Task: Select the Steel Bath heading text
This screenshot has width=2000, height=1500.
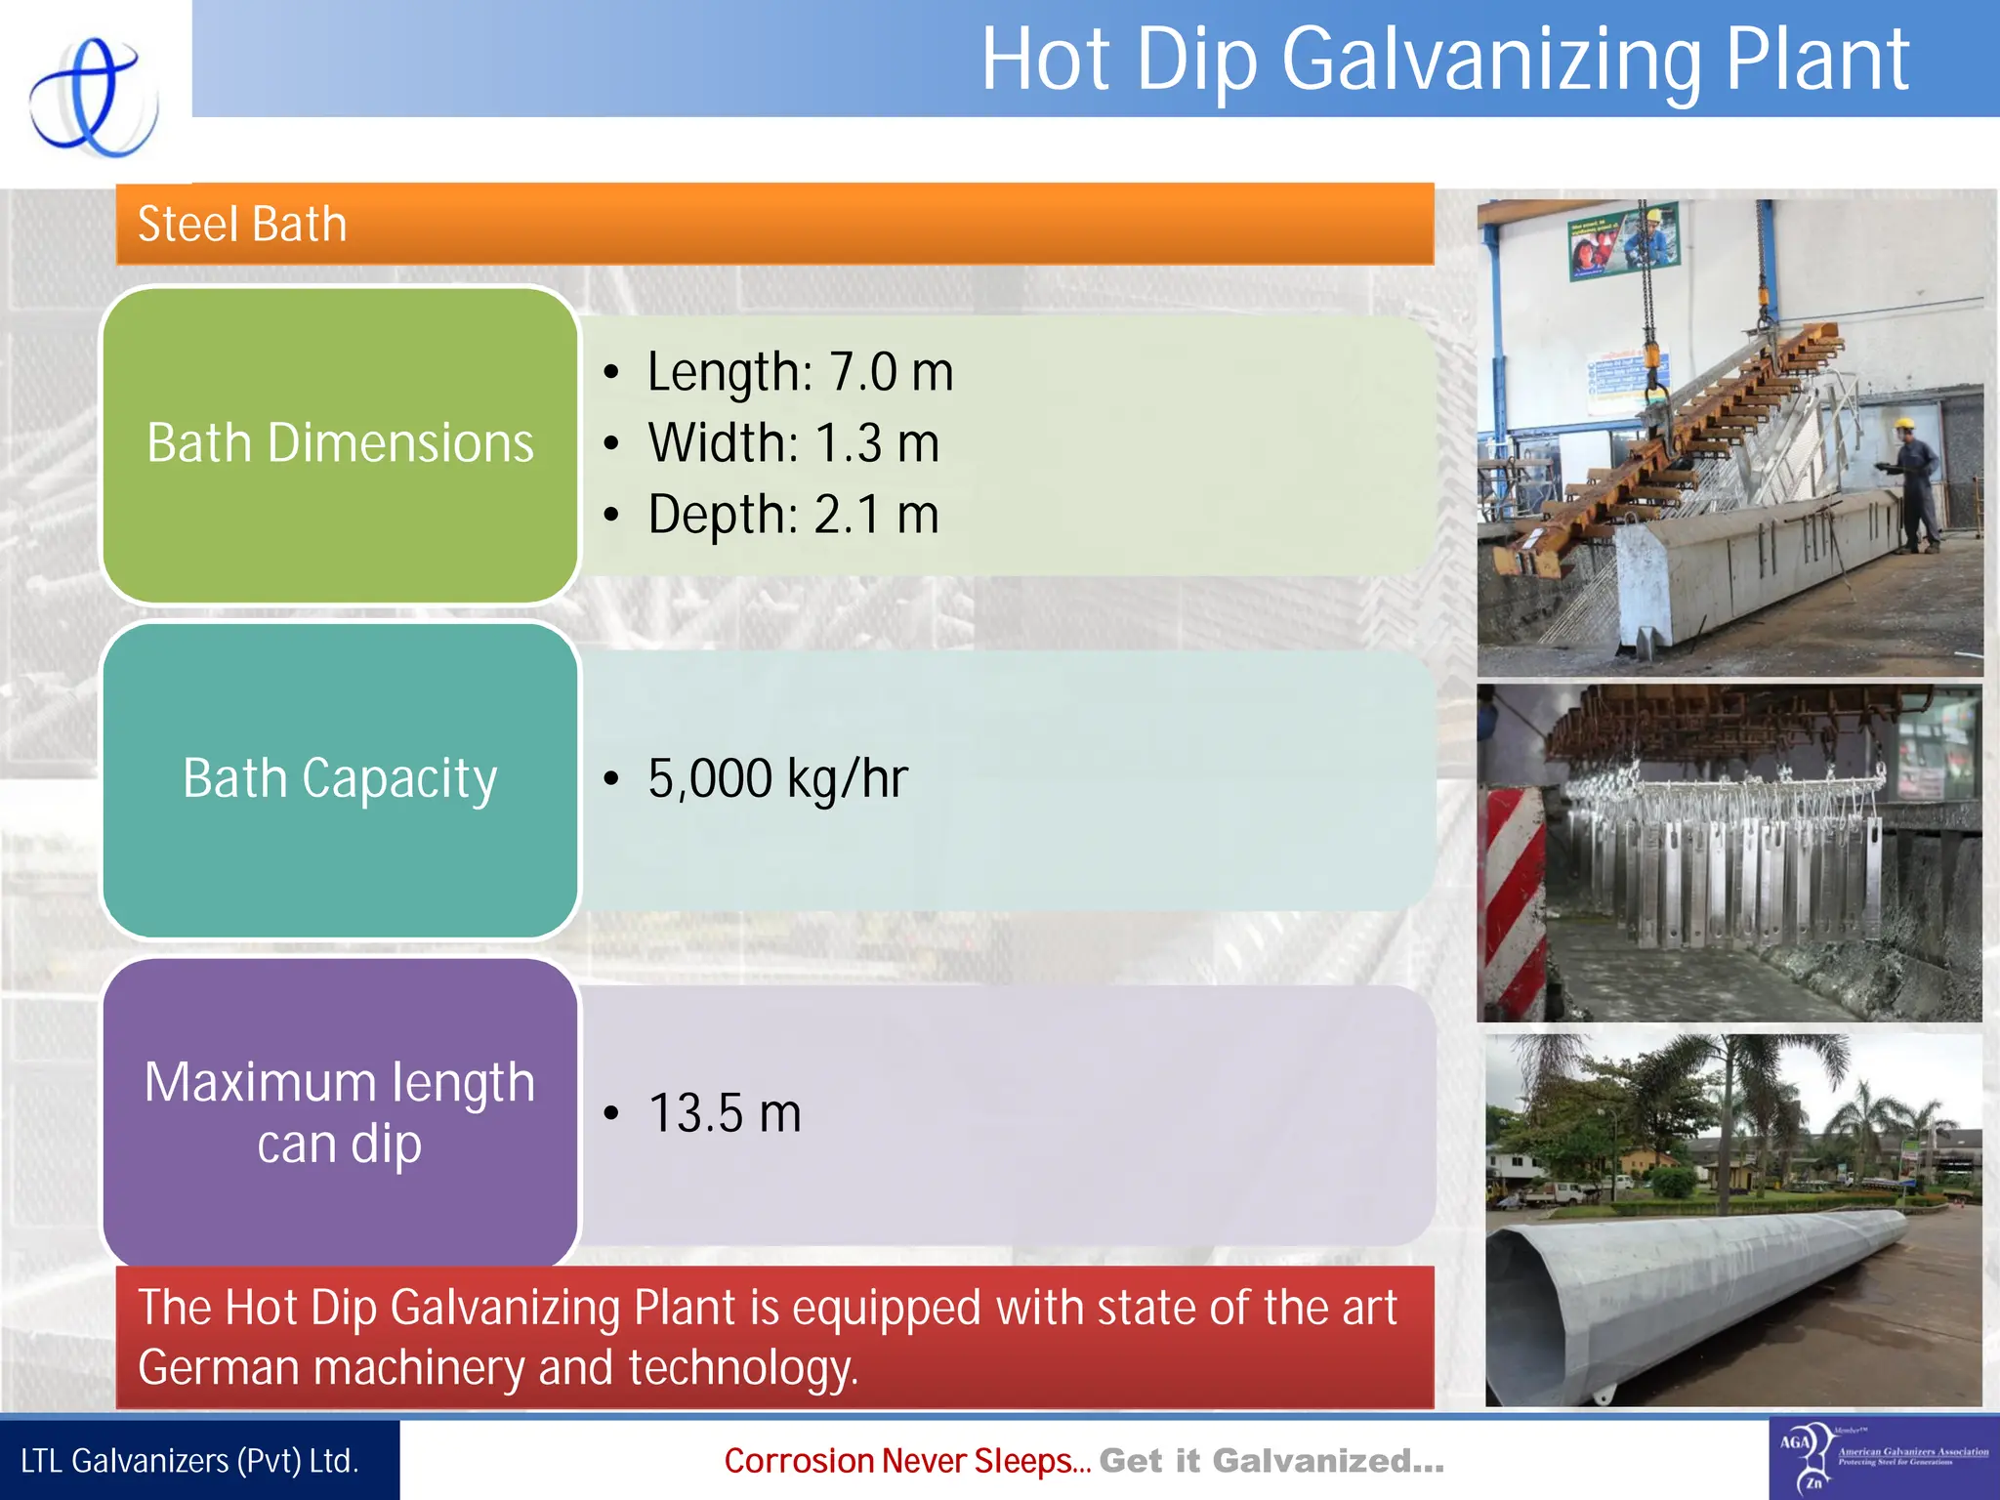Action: [x=242, y=224]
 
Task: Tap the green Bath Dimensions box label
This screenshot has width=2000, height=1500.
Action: [x=340, y=443]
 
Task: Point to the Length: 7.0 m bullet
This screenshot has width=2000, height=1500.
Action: [x=799, y=372]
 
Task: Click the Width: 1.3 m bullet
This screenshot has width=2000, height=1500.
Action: [x=793, y=443]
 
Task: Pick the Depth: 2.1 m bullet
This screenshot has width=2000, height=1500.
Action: [x=793, y=515]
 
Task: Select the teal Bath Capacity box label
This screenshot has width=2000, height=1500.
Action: [x=340, y=778]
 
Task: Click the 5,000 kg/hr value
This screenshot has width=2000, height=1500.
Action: [x=777, y=778]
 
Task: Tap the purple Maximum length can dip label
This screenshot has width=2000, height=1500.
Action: [x=340, y=1112]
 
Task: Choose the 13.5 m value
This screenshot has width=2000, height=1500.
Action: [x=725, y=1113]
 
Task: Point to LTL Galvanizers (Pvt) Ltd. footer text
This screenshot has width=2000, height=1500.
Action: [x=189, y=1461]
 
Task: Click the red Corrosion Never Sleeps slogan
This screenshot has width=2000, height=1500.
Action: [x=906, y=1461]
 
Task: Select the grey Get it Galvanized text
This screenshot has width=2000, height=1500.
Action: [x=1271, y=1461]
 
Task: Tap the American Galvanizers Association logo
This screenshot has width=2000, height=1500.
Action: [x=1883, y=1459]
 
